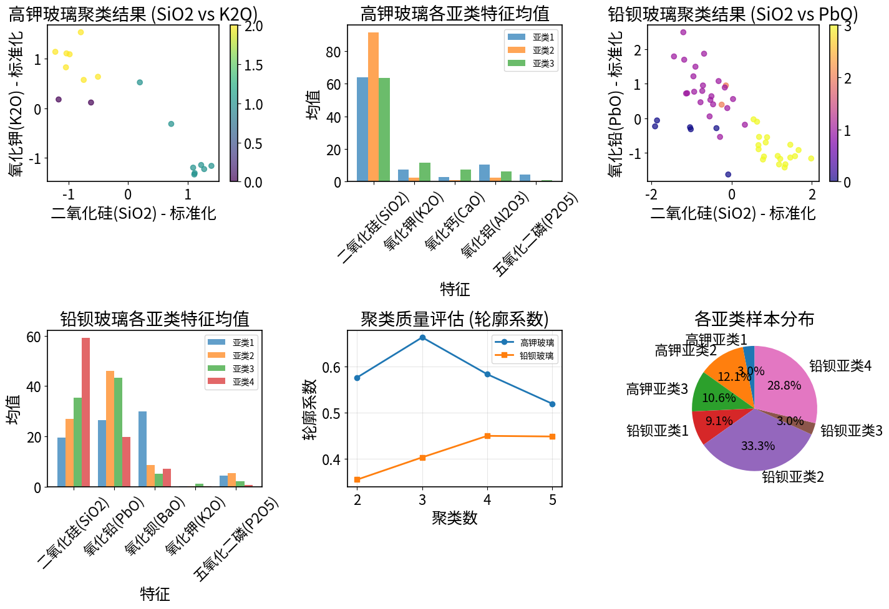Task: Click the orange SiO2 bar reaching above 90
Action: pyautogui.click(x=373, y=107)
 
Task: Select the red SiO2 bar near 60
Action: pyautogui.click(x=85, y=412)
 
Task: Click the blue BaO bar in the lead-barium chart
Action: pyautogui.click(x=142, y=449)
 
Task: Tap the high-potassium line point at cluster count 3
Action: pyautogui.click(x=422, y=338)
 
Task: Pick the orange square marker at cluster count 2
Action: pyautogui.click(x=357, y=480)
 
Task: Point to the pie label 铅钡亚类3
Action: pyautogui.click(x=851, y=431)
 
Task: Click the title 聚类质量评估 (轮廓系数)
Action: pyautogui.click(x=454, y=319)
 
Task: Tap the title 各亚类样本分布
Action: pyautogui.click(x=754, y=319)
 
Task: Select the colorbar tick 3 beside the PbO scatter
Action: pyautogui.click(x=848, y=26)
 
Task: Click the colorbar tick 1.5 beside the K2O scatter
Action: pyautogui.click(x=253, y=65)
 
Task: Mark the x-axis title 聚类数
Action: pyautogui.click(x=454, y=518)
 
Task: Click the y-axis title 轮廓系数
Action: pyautogui.click(x=310, y=409)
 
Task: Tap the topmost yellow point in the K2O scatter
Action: pyautogui.click(x=80, y=32)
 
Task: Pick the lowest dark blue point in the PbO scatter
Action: pyautogui.click(x=728, y=175)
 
